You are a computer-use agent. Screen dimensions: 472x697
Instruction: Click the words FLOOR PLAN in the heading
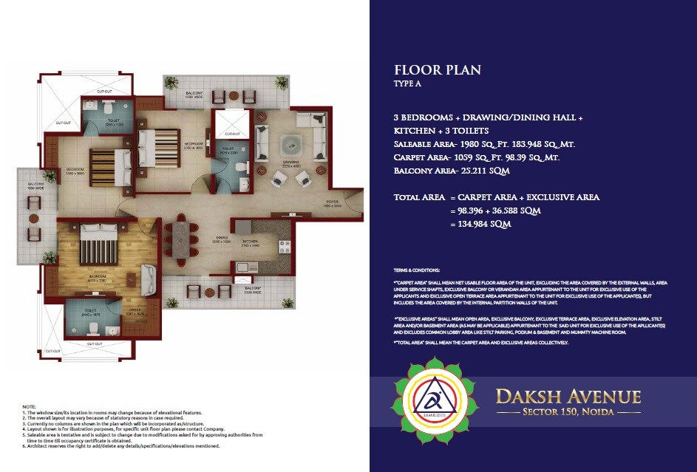click(438, 71)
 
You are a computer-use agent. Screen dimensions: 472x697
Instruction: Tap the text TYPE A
click(407, 85)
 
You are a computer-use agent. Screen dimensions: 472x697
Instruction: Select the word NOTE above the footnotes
click(29, 407)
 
